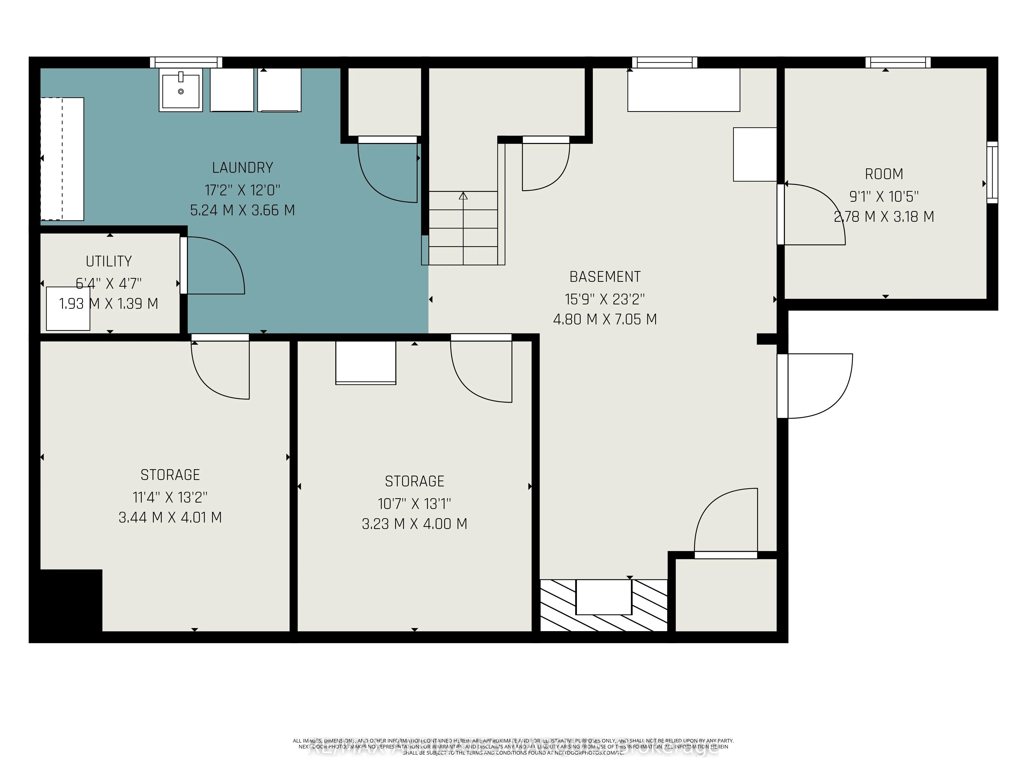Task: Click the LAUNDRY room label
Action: (x=242, y=168)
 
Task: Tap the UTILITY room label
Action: (x=109, y=261)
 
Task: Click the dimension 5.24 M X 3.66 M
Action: (x=242, y=210)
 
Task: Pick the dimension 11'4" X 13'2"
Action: (x=170, y=498)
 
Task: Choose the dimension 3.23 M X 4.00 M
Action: (x=414, y=524)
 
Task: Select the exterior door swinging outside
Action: (x=817, y=385)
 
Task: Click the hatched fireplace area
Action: (x=604, y=606)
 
